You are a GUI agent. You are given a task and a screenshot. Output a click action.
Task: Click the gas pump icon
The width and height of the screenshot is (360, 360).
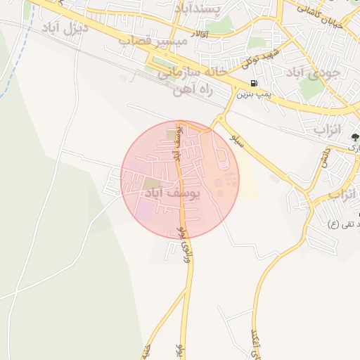coord(253,84)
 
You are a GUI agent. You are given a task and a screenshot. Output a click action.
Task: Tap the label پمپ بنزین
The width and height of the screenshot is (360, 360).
coord(253,93)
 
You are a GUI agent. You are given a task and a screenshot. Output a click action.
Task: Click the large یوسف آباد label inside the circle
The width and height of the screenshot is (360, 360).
coord(172,191)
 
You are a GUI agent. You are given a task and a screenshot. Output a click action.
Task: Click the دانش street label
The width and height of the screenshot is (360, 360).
coord(325,156)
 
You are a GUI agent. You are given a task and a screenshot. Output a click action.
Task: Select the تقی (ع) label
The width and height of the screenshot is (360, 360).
coord(344,224)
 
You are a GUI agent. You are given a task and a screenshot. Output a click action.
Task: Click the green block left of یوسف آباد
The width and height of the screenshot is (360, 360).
coord(152,185)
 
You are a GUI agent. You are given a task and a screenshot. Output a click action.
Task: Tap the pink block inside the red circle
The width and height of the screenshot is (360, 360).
coord(143,210)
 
